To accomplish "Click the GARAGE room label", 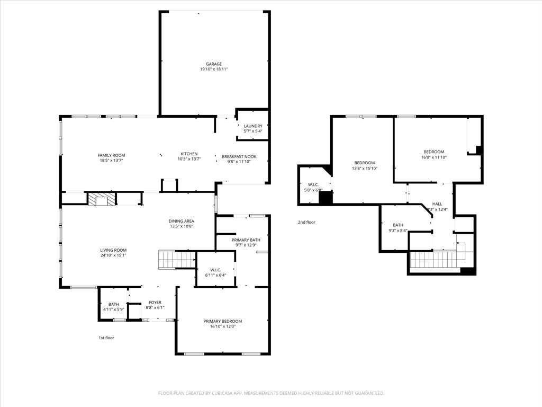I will coord(214,64).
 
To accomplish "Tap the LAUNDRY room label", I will coord(253,126).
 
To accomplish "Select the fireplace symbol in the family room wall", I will coord(101,199).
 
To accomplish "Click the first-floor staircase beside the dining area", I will coord(177,260).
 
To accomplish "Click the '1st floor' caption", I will coord(106,338).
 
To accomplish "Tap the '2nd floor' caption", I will coord(306,222).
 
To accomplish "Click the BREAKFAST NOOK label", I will coord(239,156).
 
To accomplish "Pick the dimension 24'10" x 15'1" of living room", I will coord(113,255).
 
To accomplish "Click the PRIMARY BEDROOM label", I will coord(223,321).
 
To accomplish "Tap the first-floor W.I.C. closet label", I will coord(215,270).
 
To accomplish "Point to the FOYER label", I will coord(155,303).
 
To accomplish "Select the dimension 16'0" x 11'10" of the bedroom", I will coord(434,157).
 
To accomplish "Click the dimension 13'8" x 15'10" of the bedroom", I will coord(364,168).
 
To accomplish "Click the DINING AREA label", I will coord(182,221).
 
